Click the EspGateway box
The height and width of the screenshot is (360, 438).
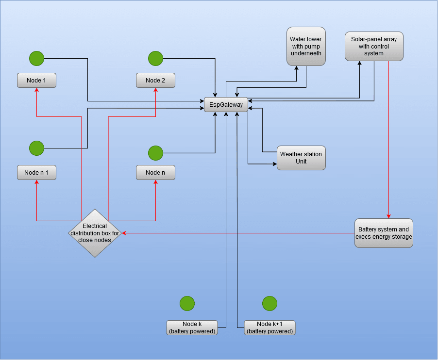click(226, 105)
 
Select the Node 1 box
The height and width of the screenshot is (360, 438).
click(36, 81)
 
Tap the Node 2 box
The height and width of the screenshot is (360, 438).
click(155, 81)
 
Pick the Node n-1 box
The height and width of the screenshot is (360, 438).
click(36, 173)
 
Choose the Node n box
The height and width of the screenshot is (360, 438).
click(155, 173)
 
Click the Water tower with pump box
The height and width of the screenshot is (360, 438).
click(306, 46)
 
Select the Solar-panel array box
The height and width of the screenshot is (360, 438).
click(374, 47)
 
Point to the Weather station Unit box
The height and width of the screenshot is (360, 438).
click(301, 158)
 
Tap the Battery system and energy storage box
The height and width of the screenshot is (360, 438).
click(384, 233)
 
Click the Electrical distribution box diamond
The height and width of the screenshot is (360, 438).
click(95, 233)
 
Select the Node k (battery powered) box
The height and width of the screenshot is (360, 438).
click(192, 327)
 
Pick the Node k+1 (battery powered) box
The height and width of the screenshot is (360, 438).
click(270, 327)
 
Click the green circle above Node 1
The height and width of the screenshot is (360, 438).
click(36, 59)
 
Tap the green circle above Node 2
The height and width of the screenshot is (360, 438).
click(155, 59)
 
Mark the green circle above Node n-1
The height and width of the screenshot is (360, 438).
click(36, 148)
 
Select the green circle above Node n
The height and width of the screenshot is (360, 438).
click(155, 153)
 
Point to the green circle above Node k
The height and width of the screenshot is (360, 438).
click(187, 304)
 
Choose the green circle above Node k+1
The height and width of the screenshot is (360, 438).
click(270, 304)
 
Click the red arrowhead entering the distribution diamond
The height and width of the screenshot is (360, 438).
click(124, 233)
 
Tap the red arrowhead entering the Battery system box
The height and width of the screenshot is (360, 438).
click(388, 216)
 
